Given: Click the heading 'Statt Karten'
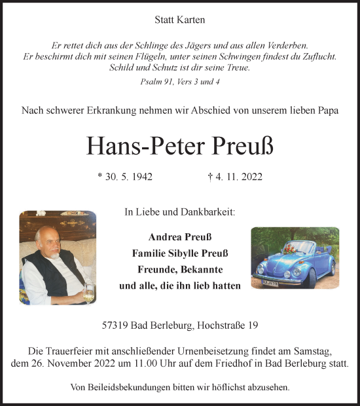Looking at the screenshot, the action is tap(180, 20).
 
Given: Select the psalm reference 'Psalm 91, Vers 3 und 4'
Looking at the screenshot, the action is tap(179, 81).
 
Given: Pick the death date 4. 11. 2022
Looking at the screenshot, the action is tap(234, 176).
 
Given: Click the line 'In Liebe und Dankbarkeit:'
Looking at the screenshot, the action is tap(180, 212).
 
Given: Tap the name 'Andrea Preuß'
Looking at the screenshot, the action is tap(180, 236).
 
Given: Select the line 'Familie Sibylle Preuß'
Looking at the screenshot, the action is tap(180, 253).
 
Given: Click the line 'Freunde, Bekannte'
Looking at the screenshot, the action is tap(180, 269).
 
